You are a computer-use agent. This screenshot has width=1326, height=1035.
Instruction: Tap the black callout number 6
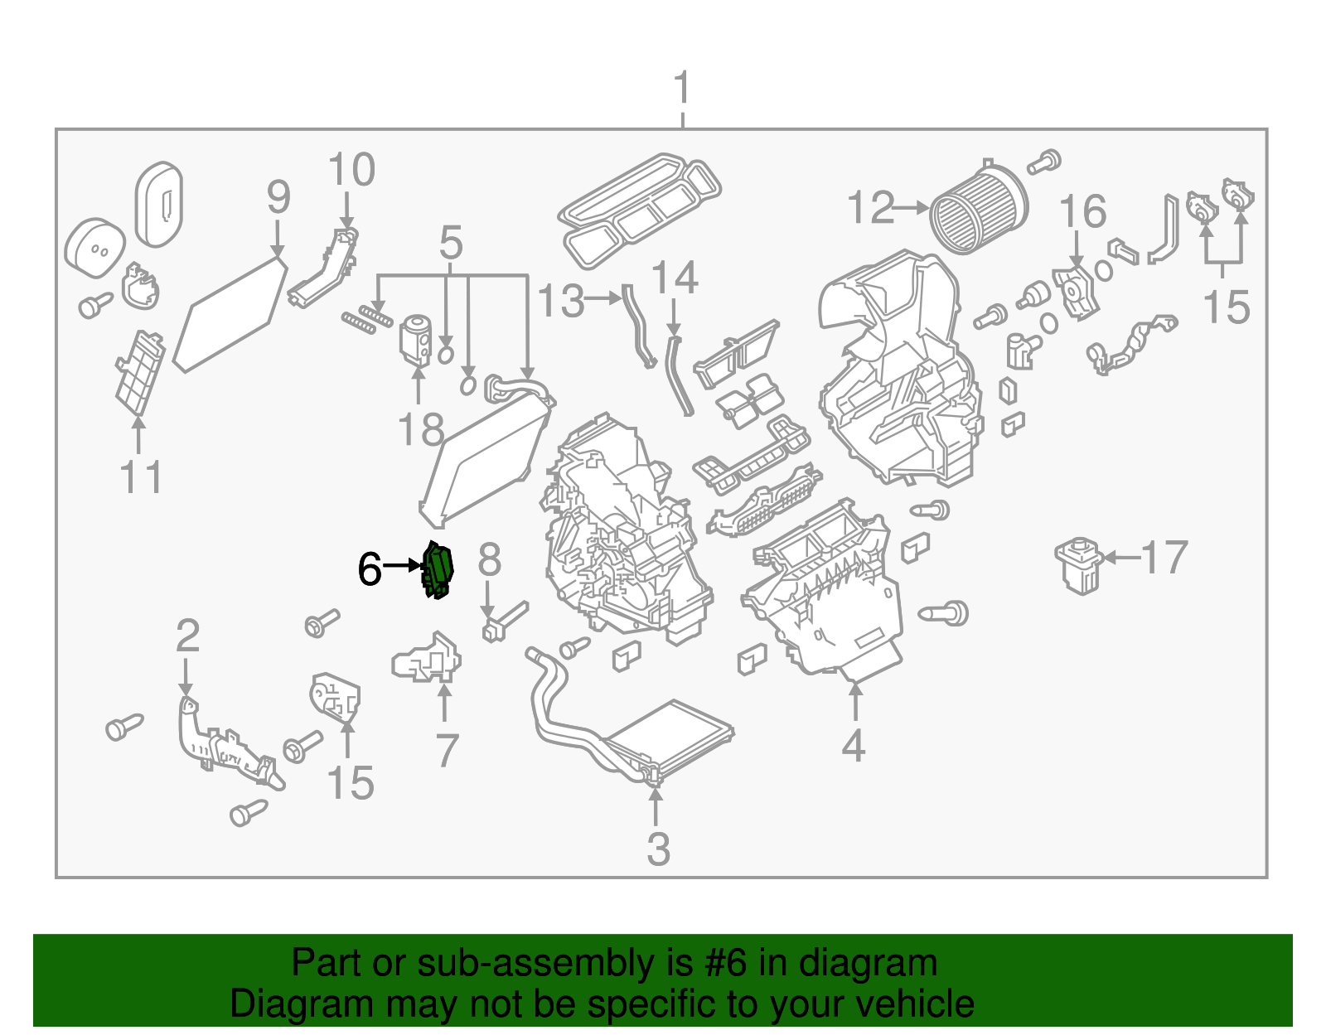click(370, 569)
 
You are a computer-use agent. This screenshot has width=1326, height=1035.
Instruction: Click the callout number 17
click(1165, 558)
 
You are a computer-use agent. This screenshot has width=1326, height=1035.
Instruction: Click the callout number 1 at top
click(681, 89)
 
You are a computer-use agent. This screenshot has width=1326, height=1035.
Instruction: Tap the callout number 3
click(658, 849)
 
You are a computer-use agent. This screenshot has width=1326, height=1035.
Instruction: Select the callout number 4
click(854, 745)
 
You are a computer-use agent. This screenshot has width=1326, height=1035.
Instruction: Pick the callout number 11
click(141, 477)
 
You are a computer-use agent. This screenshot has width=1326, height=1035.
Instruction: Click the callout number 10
click(351, 171)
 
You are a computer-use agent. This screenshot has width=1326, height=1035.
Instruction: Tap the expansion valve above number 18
click(415, 340)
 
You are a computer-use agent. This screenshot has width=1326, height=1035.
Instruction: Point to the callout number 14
click(675, 278)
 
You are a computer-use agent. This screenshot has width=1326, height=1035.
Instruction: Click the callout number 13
click(561, 301)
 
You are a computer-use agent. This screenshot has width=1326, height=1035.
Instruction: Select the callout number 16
click(1082, 212)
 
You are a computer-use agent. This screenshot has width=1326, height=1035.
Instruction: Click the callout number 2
click(188, 636)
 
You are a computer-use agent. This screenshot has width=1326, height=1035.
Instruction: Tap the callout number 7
click(447, 751)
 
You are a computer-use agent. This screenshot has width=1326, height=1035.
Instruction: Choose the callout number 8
click(489, 560)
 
